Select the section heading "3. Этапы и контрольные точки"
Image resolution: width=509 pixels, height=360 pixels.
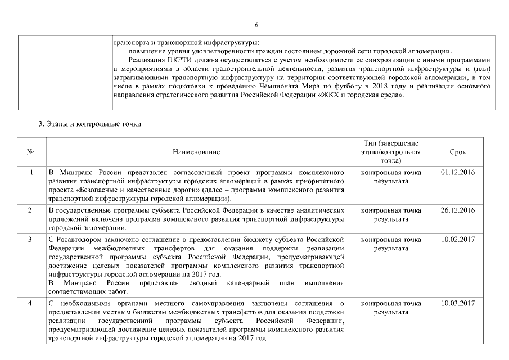(89, 124)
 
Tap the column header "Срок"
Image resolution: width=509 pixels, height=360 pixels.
(458, 152)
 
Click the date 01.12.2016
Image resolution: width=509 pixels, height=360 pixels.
(458, 172)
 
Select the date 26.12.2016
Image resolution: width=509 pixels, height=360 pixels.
(458, 210)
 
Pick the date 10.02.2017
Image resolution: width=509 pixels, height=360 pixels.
(458, 239)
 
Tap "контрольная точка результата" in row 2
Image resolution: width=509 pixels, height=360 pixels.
(391, 214)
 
